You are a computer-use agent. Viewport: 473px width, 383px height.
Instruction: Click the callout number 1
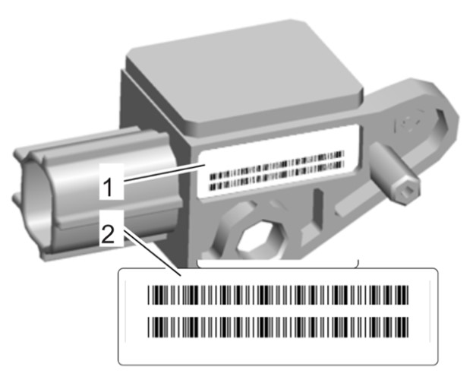click(107, 187)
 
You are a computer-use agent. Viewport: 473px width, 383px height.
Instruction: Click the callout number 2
click(108, 234)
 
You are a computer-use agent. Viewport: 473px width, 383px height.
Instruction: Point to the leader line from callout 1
click(165, 173)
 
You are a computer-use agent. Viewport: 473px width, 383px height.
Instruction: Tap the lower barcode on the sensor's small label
click(276, 176)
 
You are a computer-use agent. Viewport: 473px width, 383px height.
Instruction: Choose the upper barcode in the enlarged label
click(278, 295)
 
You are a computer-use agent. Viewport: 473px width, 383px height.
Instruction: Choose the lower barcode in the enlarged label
click(278, 327)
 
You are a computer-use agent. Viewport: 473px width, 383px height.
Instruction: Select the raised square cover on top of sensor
click(244, 75)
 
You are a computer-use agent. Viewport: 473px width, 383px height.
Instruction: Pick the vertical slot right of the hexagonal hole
click(317, 207)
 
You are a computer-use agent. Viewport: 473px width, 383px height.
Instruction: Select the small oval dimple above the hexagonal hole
click(277, 204)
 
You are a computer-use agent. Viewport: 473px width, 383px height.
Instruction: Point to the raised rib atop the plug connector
click(90, 140)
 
